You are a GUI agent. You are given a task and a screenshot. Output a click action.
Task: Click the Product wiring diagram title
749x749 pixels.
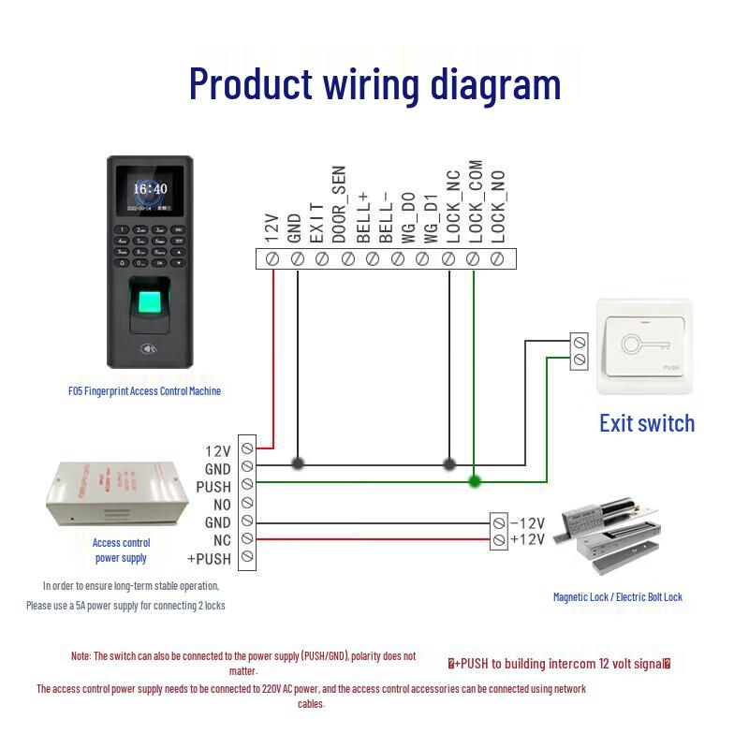tap(374, 83)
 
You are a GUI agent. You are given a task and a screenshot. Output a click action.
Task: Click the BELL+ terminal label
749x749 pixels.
tap(363, 214)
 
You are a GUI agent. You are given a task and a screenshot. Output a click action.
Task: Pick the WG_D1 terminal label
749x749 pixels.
tap(431, 217)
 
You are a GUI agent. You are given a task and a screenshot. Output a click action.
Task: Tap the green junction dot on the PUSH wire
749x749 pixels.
tap(475, 481)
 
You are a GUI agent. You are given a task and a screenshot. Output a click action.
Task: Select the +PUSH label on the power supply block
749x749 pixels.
tap(208, 559)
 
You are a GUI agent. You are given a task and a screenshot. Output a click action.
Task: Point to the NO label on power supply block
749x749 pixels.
tap(221, 505)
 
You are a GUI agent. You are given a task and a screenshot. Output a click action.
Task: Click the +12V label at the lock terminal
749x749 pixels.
tap(527, 539)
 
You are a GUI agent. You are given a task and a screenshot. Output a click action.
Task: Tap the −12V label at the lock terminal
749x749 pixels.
tap(527, 522)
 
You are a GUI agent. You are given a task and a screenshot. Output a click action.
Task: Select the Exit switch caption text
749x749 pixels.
tap(647, 423)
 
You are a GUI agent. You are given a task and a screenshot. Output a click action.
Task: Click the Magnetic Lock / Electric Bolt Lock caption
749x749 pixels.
tap(617, 597)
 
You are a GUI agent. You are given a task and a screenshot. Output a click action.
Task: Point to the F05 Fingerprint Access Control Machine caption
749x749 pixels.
tap(144, 391)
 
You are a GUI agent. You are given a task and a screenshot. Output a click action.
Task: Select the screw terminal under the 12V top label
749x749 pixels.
tap(272, 258)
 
